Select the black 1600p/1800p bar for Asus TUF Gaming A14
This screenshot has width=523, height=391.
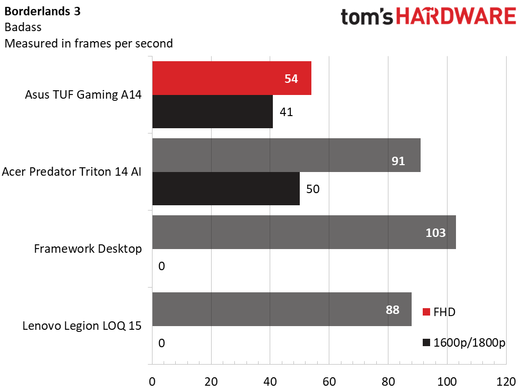pos(212,112)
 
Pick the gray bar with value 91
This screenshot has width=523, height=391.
pos(286,155)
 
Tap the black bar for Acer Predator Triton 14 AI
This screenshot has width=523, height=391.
pos(226,189)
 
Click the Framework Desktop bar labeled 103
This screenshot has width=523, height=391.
pos(303,232)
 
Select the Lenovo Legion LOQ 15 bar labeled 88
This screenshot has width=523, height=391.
pos(281,309)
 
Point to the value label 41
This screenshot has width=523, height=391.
pos(286,112)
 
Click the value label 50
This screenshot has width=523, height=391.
pos(312,189)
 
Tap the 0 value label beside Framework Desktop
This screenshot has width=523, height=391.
pos(161,266)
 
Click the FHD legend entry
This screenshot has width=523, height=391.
pos(439,312)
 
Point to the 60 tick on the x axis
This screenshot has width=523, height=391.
pos(329,382)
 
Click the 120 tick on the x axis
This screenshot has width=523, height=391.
pos(506,382)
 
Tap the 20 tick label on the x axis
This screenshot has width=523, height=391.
pos(211,382)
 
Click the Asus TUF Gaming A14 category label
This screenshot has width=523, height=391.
pos(83,95)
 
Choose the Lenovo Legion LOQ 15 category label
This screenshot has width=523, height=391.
pos(82,326)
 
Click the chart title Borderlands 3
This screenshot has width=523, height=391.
pos(43,12)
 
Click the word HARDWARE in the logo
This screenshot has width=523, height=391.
pos(456,17)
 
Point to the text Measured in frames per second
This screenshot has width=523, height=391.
pos(89,43)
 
